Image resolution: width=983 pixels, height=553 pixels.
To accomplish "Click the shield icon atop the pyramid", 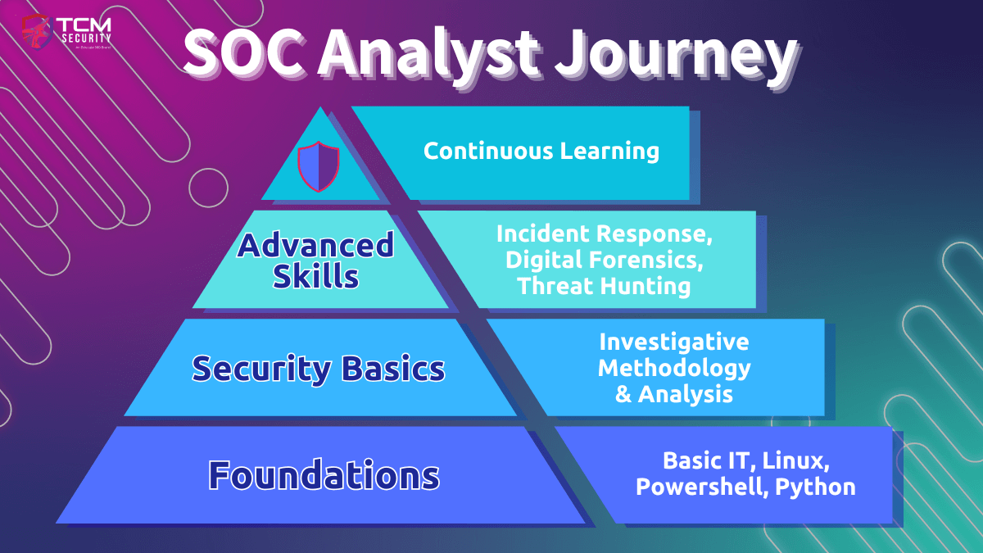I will click(x=317, y=166).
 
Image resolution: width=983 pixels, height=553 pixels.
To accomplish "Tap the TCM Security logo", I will click(x=67, y=34).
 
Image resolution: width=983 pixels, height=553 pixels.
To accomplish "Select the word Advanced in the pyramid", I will click(x=316, y=244).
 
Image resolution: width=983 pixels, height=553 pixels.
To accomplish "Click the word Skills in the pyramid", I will click(x=316, y=276).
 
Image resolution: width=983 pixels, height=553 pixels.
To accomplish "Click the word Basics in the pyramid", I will click(x=394, y=369).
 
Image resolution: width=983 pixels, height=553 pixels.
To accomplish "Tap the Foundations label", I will click(x=324, y=475).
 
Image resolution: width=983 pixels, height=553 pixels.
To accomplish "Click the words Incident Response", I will click(x=605, y=233).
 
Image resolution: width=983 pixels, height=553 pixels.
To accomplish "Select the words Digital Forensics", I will click(x=605, y=260).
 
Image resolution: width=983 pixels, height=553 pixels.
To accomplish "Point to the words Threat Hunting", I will click(x=605, y=286).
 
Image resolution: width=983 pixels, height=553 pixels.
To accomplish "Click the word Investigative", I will click(x=673, y=341).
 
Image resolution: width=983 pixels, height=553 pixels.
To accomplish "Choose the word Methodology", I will click(x=673, y=367).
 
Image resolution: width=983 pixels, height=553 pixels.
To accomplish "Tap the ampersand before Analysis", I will click(x=624, y=394).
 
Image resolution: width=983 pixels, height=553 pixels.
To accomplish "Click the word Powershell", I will click(x=701, y=487).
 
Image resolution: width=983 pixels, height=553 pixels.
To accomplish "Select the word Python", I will click(x=815, y=487).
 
